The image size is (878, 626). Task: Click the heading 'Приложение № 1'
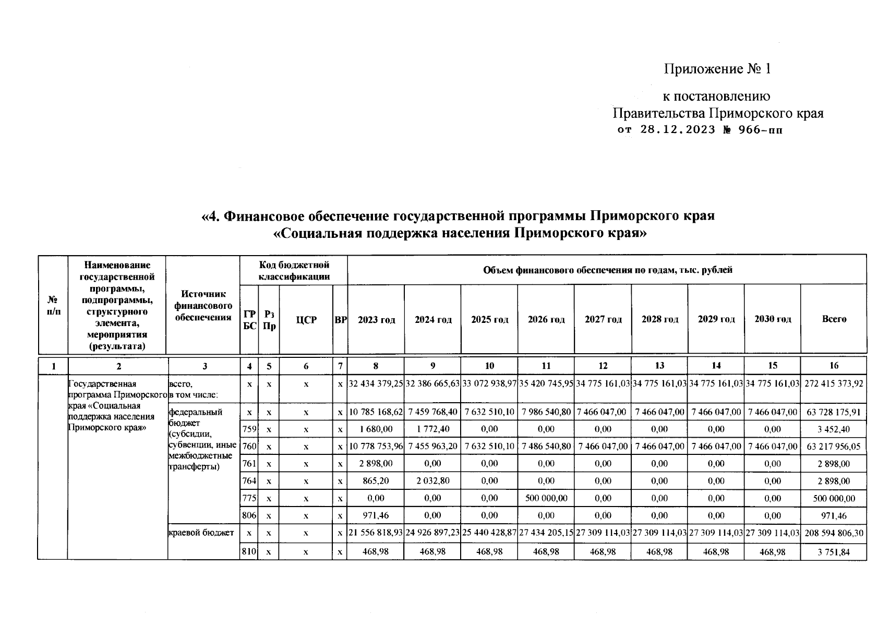[x=717, y=69]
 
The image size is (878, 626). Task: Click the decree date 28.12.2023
[x=677, y=130]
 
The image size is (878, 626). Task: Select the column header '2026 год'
[x=546, y=320]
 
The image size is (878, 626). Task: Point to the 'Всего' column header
[x=834, y=319]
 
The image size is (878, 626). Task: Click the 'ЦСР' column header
[x=306, y=320]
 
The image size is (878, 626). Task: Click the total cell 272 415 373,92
[x=834, y=384]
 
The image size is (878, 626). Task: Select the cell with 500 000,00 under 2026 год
[x=546, y=498]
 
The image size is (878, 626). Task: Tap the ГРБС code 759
[x=249, y=429]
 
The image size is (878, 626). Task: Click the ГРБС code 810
[x=249, y=551]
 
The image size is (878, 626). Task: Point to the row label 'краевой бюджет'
[x=201, y=533]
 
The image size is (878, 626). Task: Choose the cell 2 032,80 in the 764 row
[x=432, y=480]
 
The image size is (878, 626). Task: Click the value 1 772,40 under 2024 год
[x=432, y=429]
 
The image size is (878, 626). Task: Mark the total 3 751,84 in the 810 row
[x=834, y=551]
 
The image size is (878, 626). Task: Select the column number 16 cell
[x=834, y=366]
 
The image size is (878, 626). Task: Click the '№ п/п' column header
[x=53, y=306]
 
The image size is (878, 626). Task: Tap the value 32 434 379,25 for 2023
[x=376, y=384]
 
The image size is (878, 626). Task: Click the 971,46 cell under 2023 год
[x=376, y=515]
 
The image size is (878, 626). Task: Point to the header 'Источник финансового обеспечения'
[x=203, y=306]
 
